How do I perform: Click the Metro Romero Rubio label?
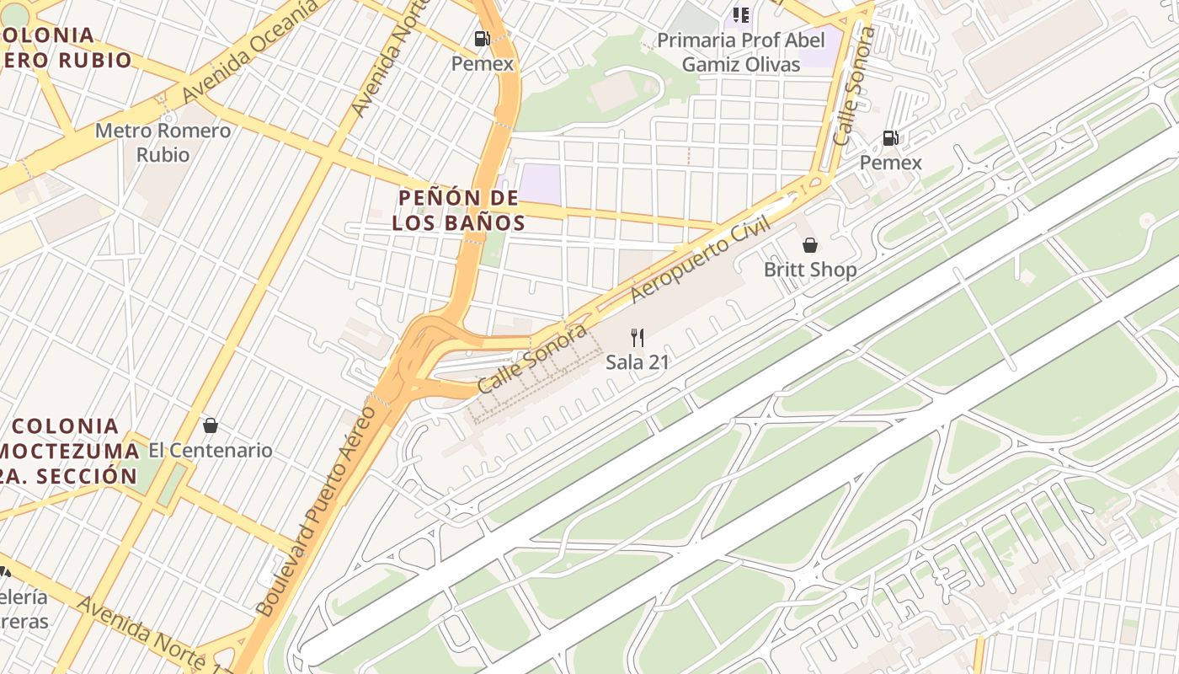click(163, 142)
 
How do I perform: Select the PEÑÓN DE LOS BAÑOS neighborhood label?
click(459, 210)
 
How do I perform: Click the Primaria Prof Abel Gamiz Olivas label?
click(740, 52)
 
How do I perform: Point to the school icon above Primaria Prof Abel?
click(741, 14)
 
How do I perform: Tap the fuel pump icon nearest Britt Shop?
click(890, 138)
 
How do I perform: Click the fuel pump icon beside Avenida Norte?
click(482, 38)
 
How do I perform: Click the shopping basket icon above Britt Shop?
click(809, 245)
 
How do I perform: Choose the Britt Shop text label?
click(809, 270)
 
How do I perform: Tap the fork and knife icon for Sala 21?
click(638, 338)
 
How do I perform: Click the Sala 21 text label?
click(638, 362)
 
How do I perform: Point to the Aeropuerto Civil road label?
click(701, 261)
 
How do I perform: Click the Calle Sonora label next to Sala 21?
click(532, 358)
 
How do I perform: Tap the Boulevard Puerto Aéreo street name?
click(317, 510)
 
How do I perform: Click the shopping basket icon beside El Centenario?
click(211, 425)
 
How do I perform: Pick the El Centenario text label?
click(211, 450)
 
